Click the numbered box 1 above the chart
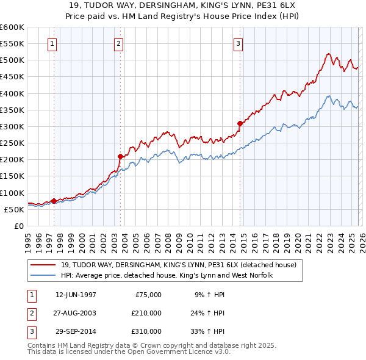(x=52, y=43)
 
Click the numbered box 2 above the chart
(x=118, y=43)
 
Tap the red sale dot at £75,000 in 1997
(x=54, y=201)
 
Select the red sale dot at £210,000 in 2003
(x=120, y=156)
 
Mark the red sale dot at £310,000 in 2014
(x=240, y=123)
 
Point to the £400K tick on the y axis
(x=12, y=93)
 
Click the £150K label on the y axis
(x=12, y=176)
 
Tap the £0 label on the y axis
(x=18, y=226)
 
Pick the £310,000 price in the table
(x=146, y=331)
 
